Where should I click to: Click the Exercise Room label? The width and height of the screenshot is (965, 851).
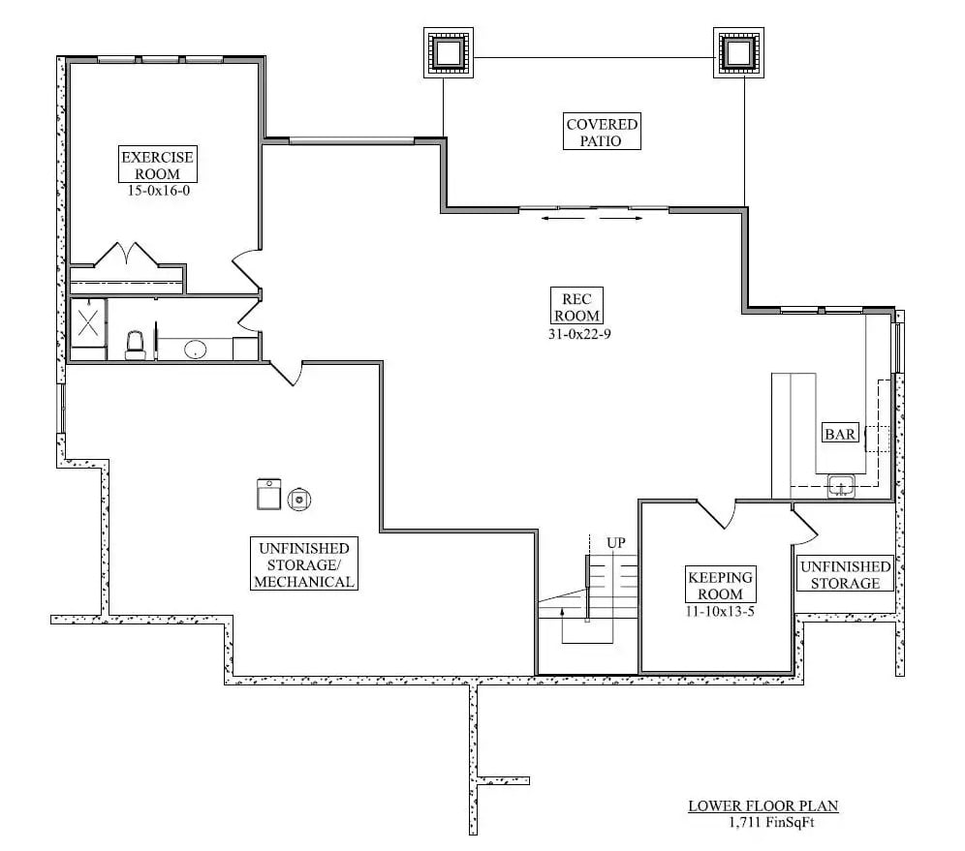pos(158,165)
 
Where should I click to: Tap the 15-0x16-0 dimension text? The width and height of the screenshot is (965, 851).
pos(158,191)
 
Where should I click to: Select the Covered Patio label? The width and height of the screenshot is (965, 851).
pos(602,133)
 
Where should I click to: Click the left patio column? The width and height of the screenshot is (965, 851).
pos(448,52)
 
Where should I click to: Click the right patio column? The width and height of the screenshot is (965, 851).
pos(738,52)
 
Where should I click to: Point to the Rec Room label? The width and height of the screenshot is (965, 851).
pos(576,306)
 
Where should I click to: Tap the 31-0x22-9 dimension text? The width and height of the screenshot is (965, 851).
pos(576,333)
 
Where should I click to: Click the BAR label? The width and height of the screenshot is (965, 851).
pos(839,434)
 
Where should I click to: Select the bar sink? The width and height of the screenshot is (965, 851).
pos(841,486)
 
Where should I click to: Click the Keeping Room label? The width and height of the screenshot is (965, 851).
pos(720,585)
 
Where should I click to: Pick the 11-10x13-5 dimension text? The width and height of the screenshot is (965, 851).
pos(720,611)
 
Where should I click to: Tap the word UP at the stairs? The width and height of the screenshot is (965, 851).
pos(616,543)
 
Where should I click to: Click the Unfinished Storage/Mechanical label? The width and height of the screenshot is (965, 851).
pos(303,564)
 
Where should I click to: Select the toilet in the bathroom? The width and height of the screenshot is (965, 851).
pos(136,344)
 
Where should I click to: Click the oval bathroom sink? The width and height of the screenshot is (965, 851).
pos(195,350)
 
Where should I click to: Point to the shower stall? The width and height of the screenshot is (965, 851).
pos(88,322)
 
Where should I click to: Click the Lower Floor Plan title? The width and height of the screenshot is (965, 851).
pos(763,805)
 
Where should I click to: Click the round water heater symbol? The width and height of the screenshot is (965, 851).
pos(299,499)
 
